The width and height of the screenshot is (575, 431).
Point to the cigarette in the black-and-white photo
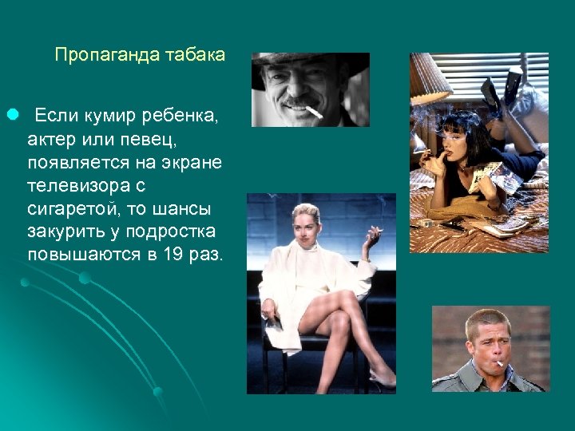(x=313, y=112)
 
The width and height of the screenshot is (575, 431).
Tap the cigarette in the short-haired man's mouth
(x=499, y=365)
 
